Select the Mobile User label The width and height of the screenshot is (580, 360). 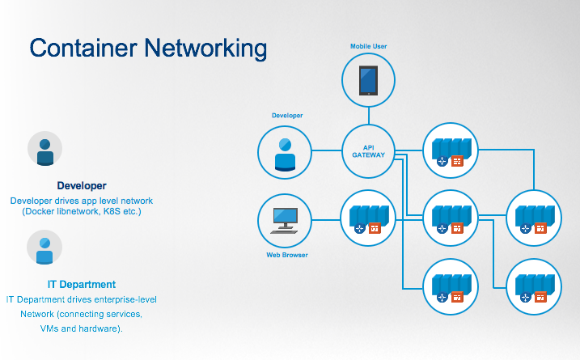click(x=368, y=46)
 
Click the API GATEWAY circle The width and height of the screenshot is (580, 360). click(x=368, y=150)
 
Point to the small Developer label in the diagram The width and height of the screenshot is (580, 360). click(x=287, y=116)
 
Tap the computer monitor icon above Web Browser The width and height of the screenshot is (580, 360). click(x=285, y=218)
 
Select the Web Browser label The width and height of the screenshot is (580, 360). click(x=287, y=256)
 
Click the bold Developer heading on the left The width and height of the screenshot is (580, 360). click(x=82, y=185)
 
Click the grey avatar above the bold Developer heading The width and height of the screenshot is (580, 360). click(x=45, y=150)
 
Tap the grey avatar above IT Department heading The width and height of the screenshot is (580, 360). click(x=45, y=248)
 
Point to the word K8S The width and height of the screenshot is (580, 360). click(x=116, y=212)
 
